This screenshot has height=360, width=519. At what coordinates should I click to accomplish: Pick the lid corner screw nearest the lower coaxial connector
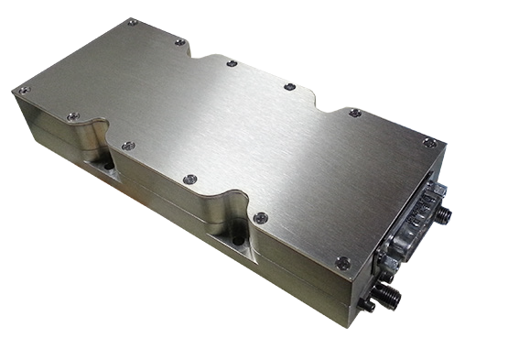click(343, 262)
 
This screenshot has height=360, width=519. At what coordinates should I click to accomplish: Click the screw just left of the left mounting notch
click(73, 116)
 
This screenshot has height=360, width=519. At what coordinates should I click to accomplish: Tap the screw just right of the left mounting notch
click(128, 146)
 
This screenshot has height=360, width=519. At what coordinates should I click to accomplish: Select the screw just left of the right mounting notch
click(189, 180)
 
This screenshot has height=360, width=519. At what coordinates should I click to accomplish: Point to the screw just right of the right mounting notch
click(261, 218)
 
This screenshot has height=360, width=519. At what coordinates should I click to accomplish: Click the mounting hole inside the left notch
click(108, 166)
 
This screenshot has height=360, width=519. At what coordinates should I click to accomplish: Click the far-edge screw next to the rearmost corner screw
click(180, 42)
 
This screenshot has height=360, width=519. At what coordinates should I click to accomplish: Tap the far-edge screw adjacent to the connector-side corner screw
click(354, 113)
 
